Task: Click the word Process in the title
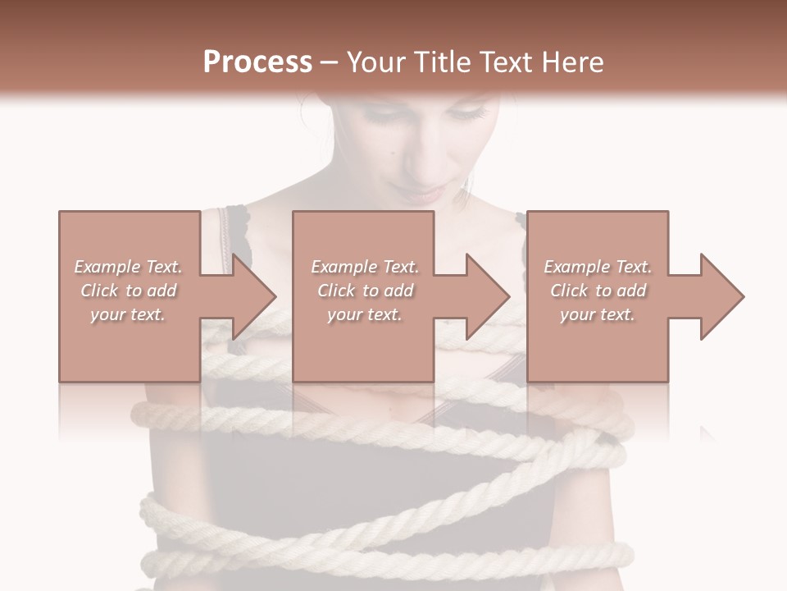coord(257,62)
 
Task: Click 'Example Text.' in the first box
coord(128,267)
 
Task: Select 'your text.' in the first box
coord(128,314)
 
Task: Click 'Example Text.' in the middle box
coord(365,267)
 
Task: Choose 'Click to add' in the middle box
coord(365,291)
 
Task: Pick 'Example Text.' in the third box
coord(598,267)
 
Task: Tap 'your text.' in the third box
coord(598,314)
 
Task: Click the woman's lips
coord(425,195)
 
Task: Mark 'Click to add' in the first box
coord(128,291)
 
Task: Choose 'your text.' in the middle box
coord(365,314)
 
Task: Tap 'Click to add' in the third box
coord(598,291)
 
